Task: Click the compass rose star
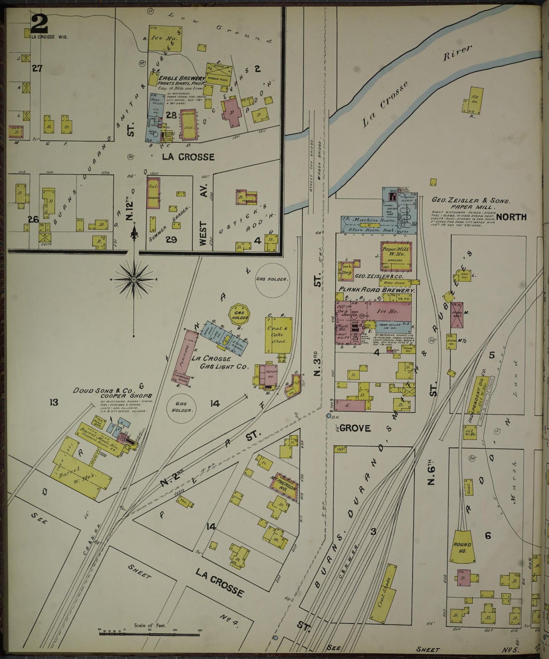click(134, 280)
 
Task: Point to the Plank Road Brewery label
click(376, 290)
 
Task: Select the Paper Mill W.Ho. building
click(396, 254)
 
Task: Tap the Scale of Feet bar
click(150, 634)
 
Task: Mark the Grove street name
click(354, 428)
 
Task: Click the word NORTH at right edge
click(511, 217)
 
